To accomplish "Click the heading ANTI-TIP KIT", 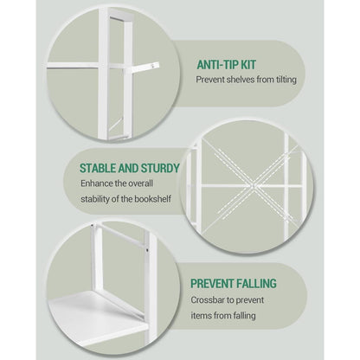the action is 227,65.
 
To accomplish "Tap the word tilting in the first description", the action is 285,80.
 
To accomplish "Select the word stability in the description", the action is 94,199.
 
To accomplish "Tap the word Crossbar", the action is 208,300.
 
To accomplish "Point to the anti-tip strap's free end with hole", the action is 155,66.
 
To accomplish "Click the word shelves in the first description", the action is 241,80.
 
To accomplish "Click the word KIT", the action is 248,65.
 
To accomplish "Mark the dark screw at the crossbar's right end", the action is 147,250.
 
